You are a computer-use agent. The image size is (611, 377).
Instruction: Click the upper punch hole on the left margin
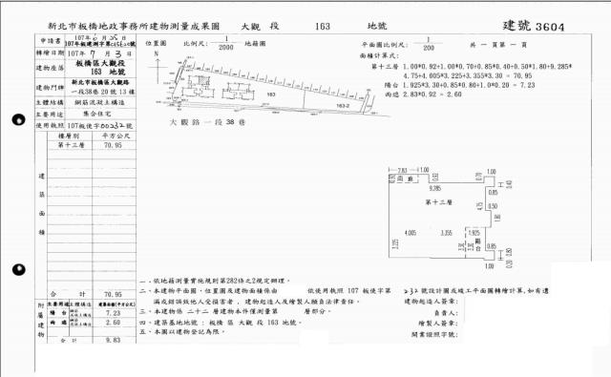18,121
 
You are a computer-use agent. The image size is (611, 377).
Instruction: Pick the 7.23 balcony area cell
112,312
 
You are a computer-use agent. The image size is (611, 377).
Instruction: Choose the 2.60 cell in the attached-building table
112,325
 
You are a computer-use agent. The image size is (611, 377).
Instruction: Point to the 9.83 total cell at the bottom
112,339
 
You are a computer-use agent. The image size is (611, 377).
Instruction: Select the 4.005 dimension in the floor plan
411,233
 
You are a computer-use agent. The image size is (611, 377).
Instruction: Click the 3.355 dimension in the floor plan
446,233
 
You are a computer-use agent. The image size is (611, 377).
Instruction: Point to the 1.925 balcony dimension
474,232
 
